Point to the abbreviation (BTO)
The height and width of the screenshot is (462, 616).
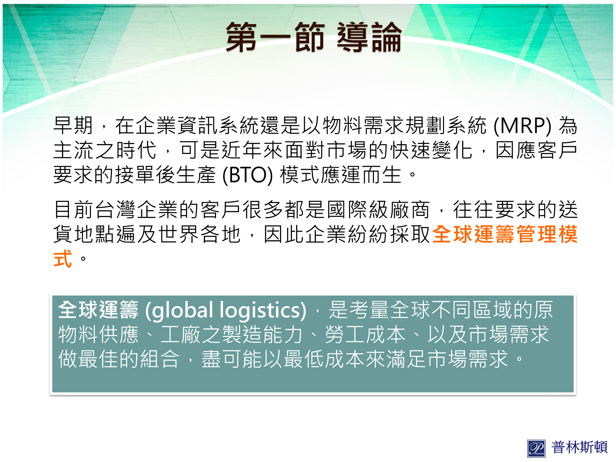[x=247, y=175]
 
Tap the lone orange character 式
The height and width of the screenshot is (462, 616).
[x=63, y=259]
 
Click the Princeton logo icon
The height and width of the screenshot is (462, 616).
[x=536, y=448]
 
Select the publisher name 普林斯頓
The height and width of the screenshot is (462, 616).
[x=579, y=447]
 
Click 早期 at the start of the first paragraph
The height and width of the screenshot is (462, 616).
[x=73, y=125]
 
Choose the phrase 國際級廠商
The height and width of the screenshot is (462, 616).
[x=378, y=210]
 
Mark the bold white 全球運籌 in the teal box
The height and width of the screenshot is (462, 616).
[x=98, y=310]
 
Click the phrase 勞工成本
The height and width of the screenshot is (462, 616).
[x=365, y=335]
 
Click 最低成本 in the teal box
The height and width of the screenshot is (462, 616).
[x=324, y=359]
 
